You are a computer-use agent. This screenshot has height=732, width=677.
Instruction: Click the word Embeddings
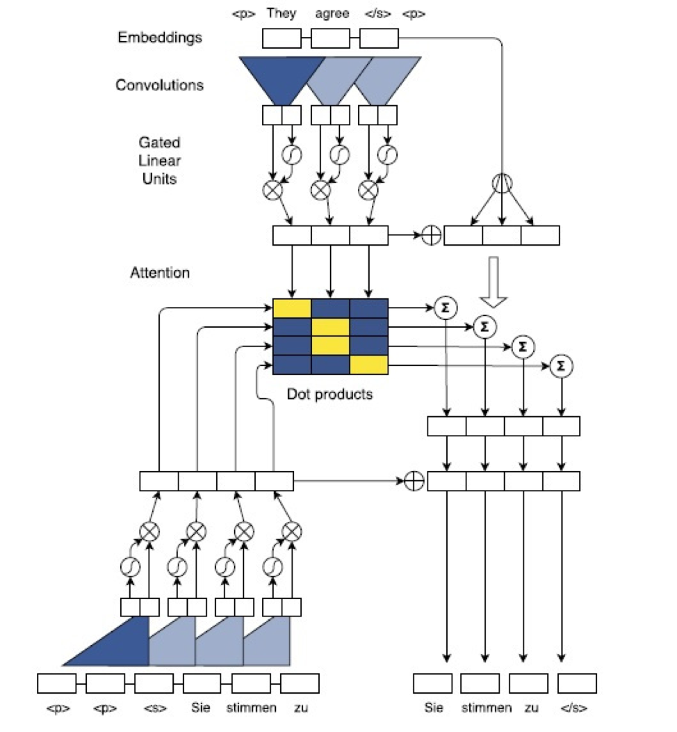(x=160, y=38)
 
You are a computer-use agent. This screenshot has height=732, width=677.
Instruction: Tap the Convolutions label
(x=159, y=85)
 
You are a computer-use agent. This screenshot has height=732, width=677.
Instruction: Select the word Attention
(x=160, y=272)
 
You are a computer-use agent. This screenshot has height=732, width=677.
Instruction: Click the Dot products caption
(x=329, y=394)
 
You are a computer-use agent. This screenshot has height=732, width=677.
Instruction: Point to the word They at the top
(x=281, y=13)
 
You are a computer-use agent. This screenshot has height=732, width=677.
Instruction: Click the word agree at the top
(x=332, y=13)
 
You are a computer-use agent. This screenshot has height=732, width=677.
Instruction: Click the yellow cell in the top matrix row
(x=292, y=308)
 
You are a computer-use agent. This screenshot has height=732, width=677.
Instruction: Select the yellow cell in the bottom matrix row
(x=369, y=365)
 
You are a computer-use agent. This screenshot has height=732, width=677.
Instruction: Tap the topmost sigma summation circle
(x=446, y=308)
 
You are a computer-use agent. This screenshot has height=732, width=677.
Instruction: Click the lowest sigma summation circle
(x=562, y=366)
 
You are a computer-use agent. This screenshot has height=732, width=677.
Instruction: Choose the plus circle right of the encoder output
(x=431, y=235)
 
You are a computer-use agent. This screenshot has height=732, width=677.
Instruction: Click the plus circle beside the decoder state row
(x=414, y=482)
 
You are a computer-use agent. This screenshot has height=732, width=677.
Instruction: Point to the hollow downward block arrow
(x=494, y=282)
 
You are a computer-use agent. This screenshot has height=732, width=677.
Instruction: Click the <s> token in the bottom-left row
(x=155, y=708)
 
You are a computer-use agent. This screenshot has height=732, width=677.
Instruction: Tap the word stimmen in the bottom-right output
(x=487, y=708)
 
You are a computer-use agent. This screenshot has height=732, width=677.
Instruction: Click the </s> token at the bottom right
(x=573, y=708)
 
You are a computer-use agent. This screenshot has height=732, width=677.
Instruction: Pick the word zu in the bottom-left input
(x=301, y=708)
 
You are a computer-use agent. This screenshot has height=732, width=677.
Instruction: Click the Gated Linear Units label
(x=159, y=161)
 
